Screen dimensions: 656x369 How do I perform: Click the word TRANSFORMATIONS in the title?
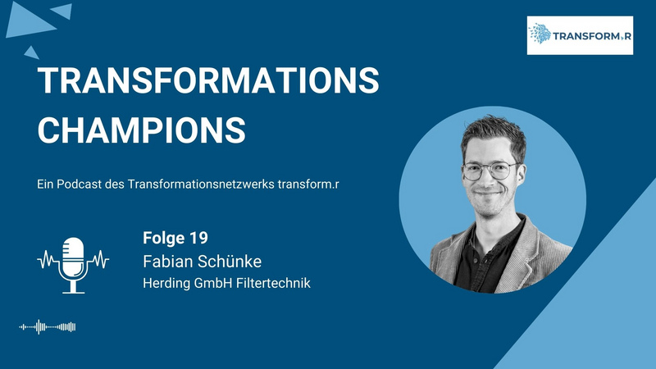coord(208,80)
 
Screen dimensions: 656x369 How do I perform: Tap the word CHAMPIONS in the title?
coord(142,130)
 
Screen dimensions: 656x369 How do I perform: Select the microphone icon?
coord(73,265)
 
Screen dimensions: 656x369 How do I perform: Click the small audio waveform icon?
coord(48,326)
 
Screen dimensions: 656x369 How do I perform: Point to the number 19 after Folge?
coord(198,238)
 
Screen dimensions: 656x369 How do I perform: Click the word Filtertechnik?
coord(273,283)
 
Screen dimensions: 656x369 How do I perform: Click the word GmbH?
coord(213,283)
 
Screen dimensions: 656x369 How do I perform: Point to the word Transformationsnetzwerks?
coord(201,184)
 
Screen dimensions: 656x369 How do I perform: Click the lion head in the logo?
coord(540,34)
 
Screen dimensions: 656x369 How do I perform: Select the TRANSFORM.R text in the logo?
coord(592,36)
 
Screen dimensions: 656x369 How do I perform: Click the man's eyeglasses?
coord(490,171)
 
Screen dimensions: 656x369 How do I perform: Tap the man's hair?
coord(494,133)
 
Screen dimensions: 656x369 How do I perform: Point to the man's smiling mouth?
coord(487,193)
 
